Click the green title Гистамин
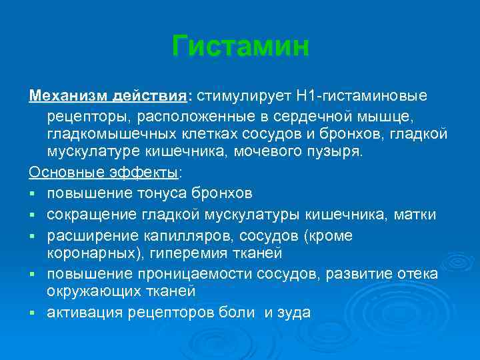point(240,47)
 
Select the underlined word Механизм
point(62,97)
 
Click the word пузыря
point(338,152)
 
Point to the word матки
point(415,215)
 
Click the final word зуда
point(295,313)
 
